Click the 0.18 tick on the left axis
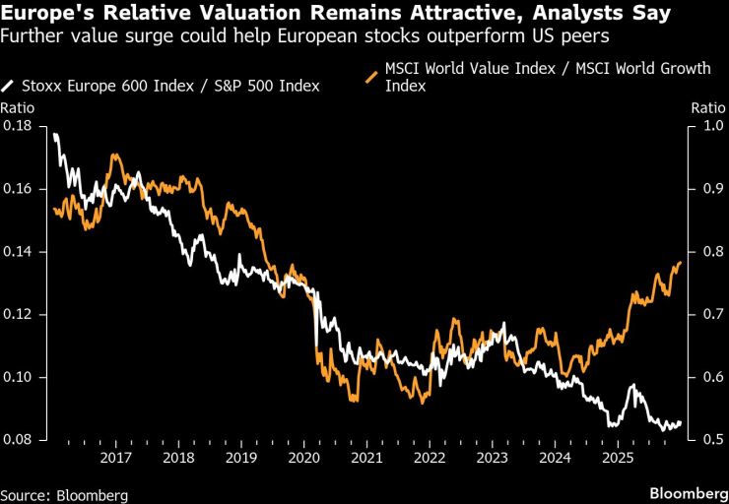point(17,126)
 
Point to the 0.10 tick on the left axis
point(17,377)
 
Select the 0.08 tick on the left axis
point(17,440)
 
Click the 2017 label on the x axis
point(116,458)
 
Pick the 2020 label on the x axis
point(304,458)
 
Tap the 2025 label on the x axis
point(618,458)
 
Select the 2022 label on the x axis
point(430,458)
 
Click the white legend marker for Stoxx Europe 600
point(9,86)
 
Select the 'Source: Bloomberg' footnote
point(64,493)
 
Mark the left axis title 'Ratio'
point(17,106)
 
